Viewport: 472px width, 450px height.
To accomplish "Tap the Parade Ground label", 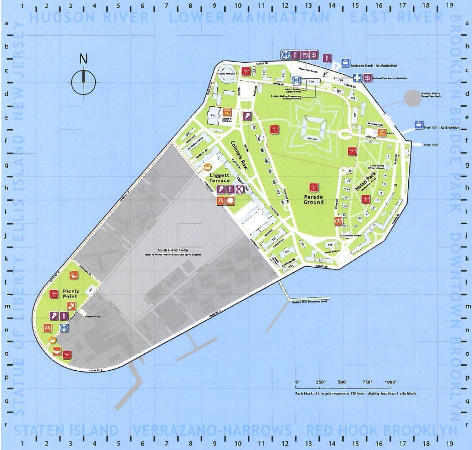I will (x=313, y=199).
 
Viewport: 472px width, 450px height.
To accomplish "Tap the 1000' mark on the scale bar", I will (x=390, y=382).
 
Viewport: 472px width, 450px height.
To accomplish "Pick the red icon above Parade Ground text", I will (x=314, y=187).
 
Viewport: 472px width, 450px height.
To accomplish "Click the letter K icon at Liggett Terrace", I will (x=239, y=189).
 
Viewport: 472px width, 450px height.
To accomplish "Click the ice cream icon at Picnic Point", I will (x=54, y=316).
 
